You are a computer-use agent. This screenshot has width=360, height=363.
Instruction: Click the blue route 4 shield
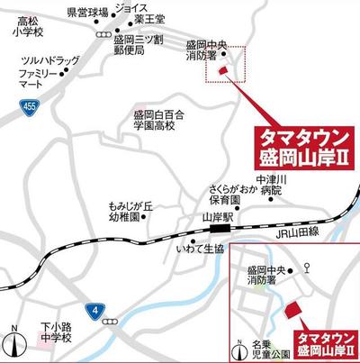(x=96, y=311)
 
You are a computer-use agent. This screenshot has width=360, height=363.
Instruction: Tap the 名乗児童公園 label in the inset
(x=258, y=347)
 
